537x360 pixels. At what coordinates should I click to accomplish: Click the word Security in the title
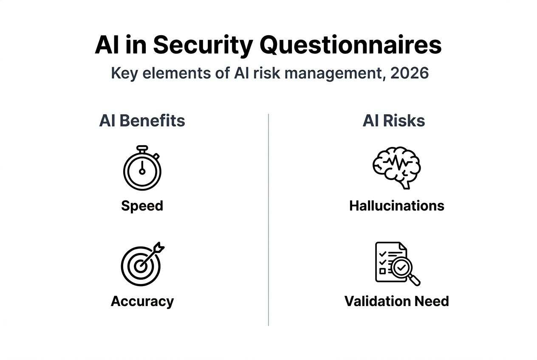tap(203, 45)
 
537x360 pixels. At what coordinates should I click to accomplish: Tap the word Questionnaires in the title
tap(351, 45)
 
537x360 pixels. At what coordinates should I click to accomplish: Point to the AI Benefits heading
tap(142, 121)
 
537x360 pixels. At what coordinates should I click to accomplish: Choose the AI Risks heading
tap(394, 121)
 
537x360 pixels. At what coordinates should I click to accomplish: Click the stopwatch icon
tap(142, 168)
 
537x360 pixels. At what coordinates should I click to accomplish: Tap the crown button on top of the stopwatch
tap(142, 149)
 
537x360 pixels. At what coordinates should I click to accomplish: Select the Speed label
tap(142, 206)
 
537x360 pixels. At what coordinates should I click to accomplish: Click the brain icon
tap(396, 168)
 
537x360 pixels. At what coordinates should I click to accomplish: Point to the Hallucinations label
tap(397, 206)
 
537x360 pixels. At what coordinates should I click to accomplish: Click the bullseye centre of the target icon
tap(140, 266)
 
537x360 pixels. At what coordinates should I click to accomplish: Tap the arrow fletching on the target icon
tap(159, 247)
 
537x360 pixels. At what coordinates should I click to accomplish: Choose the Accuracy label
tap(142, 301)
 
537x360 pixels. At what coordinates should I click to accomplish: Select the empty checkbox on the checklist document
tap(383, 271)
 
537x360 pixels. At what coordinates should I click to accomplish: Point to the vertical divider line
tap(268, 219)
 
